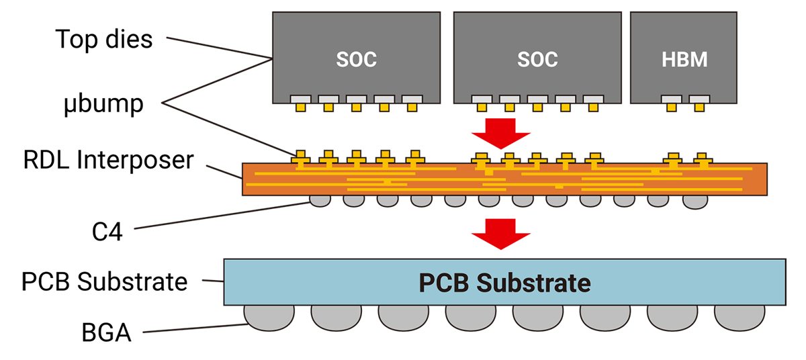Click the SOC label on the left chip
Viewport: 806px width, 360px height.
(x=356, y=59)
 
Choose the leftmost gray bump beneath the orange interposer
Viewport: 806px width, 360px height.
(x=320, y=199)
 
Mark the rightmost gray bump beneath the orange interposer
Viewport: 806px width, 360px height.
(x=695, y=200)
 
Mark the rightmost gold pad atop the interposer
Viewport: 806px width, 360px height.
(x=703, y=159)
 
